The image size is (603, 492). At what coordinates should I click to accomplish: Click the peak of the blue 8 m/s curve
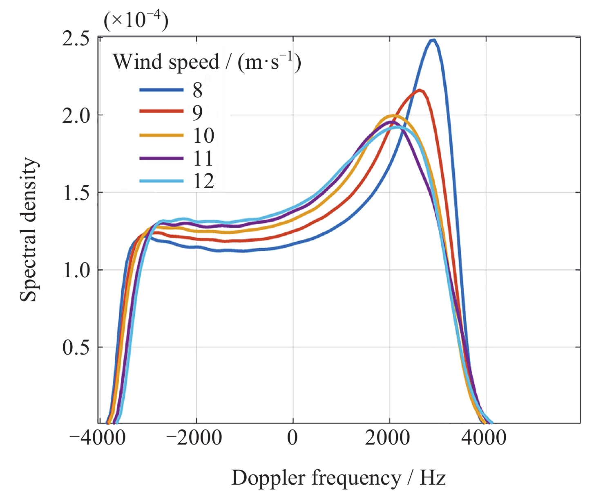[433, 40]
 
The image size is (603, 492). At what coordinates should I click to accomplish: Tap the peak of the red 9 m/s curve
[420, 91]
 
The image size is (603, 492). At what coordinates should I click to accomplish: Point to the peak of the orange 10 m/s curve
[393, 115]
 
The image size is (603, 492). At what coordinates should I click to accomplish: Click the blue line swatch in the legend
[161, 90]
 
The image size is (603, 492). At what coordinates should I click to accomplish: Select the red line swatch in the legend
[161, 111]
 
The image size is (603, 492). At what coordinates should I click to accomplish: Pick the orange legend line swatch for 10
[161, 135]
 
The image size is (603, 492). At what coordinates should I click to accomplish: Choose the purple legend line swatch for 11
[161, 158]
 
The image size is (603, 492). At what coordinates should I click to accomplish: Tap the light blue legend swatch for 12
[161, 181]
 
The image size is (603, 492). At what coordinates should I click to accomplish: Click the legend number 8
[198, 90]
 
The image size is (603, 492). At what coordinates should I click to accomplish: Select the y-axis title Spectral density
[28, 229]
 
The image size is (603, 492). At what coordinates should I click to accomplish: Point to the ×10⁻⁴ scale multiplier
[136, 20]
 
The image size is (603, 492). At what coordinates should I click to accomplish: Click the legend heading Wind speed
[166, 63]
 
